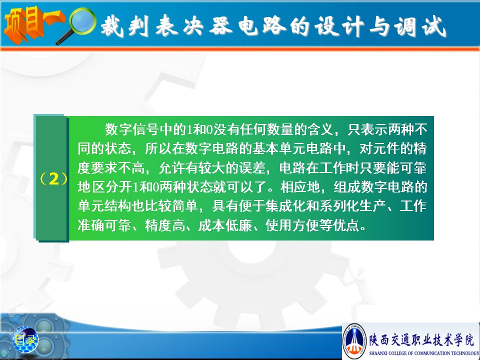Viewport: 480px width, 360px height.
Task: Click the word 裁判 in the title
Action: click(125, 26)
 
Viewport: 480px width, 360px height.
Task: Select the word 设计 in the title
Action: click(338, 26)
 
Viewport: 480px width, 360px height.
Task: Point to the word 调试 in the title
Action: click(419, 26)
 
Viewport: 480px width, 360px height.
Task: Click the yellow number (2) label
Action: click(53, 179)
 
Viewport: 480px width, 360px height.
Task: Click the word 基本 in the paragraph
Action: click(265, 148)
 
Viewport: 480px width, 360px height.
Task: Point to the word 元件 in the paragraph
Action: click(386, 148)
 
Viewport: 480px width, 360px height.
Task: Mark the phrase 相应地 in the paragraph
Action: click(300, 186)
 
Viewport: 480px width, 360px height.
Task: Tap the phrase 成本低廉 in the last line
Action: click(225, 225)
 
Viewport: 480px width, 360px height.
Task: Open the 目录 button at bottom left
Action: click(25, 339)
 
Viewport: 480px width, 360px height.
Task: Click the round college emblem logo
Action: click(354, 341)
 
